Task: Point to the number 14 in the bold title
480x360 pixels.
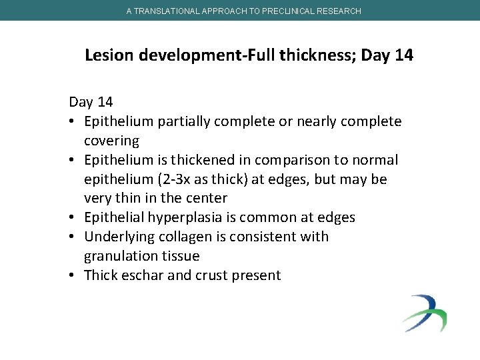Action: pos(403,55)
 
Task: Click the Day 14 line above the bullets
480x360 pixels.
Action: pos(91,102)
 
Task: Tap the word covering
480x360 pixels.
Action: pos(111,141)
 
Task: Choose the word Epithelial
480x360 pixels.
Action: pos(115,217)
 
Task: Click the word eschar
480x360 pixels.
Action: pos(142,275)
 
